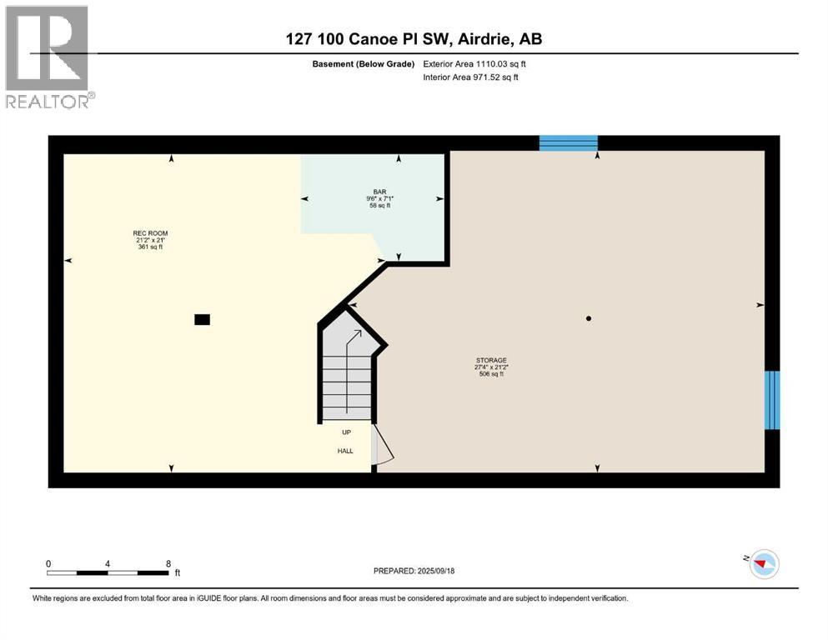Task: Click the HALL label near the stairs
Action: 345,451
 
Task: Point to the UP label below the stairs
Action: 345,432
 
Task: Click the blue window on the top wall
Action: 568,143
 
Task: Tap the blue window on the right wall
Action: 772,400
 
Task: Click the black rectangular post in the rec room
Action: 202,318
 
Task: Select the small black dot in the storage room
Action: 589,318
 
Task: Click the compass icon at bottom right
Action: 763,564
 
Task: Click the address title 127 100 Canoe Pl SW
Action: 414,39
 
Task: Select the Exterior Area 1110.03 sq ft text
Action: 474,64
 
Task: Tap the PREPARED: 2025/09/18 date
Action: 414,571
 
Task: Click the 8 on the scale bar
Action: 168,563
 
